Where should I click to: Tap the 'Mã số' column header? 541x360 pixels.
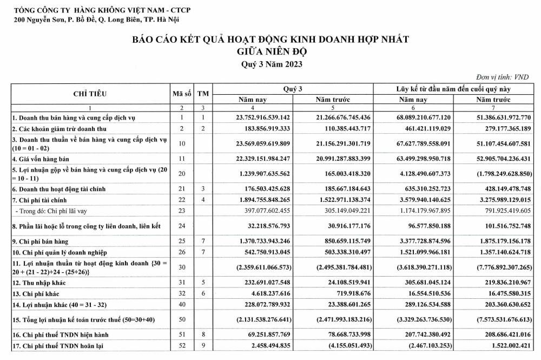[182, 93]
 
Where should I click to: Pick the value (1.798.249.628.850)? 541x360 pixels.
[496, 173]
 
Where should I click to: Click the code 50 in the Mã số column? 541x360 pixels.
[182, 319]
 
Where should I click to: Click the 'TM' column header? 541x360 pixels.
[203, 93]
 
